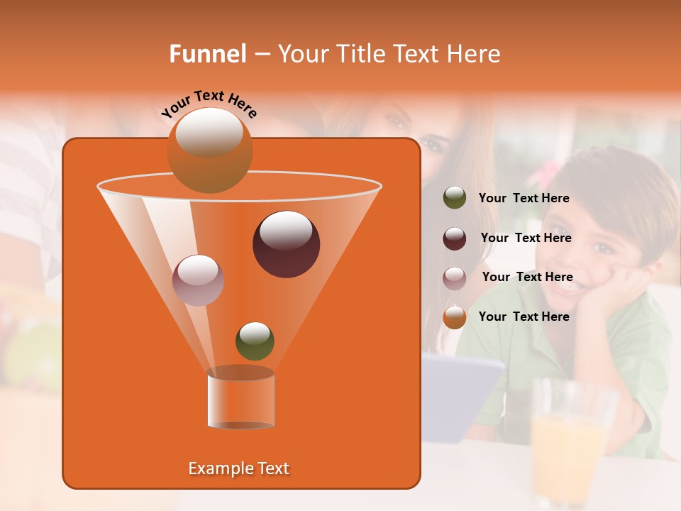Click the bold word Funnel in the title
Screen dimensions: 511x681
207,54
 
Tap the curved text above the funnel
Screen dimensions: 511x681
209,103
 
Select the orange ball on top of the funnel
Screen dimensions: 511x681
209,150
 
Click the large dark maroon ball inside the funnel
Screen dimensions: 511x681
286,244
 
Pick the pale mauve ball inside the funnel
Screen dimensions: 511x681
198,280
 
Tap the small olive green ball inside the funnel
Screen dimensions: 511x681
255,341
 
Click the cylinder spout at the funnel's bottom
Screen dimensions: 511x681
240,399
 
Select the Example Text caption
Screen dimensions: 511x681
239,468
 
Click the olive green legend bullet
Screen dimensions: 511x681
455,198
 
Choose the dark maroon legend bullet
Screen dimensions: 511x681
455,238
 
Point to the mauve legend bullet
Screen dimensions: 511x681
455,278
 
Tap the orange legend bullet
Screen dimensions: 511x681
455,317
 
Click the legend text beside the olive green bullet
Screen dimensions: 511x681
524,198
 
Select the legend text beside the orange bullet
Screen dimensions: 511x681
524,317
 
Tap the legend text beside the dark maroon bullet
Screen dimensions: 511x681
526,238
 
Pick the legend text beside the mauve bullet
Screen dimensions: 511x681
527,277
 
